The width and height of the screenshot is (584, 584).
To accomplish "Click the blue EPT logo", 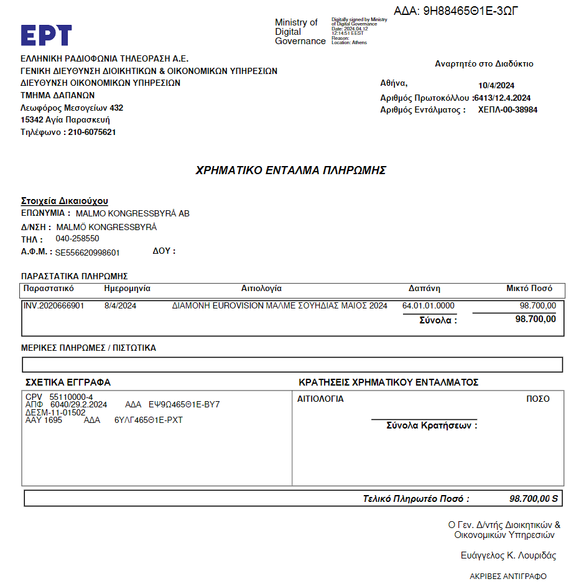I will coord(46,35).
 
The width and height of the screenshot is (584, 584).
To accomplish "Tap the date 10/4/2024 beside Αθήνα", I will coord(496,86).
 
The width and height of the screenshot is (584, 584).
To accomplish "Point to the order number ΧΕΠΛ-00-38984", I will coord(508,110).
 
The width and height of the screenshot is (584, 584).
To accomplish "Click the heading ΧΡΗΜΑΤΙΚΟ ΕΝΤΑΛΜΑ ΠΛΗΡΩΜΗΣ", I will coord(291,170).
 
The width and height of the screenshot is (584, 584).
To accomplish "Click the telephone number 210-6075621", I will coord(92,132).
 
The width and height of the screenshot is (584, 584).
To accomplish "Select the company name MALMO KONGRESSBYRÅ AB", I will coord(132,213).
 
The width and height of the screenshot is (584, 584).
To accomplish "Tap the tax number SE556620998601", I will coord(87,253).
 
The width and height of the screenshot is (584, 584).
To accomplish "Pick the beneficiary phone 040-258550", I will coord(77,239).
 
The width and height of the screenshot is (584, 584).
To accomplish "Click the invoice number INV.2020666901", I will coord(53,306).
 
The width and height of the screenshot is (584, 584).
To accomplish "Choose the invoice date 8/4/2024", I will coord(120,306).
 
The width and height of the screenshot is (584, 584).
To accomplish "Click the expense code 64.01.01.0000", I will coord(429,306).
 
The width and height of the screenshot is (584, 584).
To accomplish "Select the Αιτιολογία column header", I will coord(261,289).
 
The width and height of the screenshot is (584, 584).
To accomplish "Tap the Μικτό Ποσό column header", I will coord(529,289).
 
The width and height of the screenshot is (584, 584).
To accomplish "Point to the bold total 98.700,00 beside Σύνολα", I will coord(535,319).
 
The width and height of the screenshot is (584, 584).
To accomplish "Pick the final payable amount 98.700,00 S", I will coord(534,499).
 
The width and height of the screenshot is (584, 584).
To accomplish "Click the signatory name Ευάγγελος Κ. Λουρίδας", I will coord(508,555).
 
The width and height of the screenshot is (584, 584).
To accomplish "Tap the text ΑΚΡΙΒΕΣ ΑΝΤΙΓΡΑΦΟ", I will coord(508,577).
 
